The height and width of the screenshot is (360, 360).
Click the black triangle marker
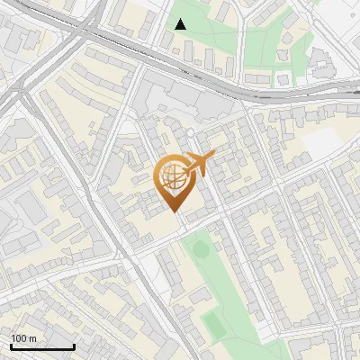181,24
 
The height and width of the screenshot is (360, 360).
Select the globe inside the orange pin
175,178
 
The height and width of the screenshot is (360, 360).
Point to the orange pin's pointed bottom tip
175,212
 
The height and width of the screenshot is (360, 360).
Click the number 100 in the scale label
19,338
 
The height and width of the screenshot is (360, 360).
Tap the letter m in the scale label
32,338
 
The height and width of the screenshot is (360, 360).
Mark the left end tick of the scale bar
10,346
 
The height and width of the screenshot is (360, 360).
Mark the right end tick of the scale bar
74,346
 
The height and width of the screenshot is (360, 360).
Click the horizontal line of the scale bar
41,348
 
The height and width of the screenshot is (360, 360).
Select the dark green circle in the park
201,247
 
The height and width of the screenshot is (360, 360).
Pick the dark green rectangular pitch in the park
212,321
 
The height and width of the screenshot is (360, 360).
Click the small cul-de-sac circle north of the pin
191,133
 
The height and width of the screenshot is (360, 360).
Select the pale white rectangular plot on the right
321,142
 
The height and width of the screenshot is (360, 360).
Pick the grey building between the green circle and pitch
200,295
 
